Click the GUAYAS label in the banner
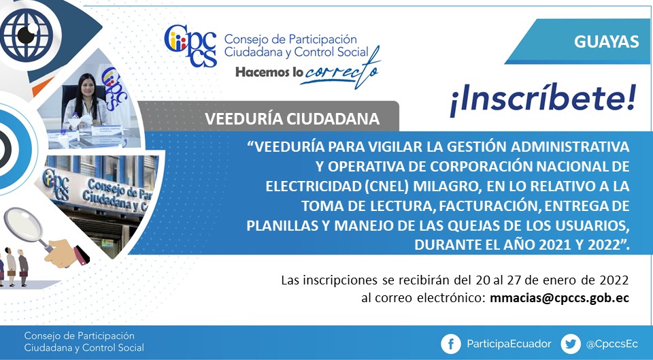point(606,42)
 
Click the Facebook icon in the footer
point(450,344)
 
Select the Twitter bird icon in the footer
point(571,344)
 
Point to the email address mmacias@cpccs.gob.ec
point(559,298)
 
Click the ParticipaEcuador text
point(509,344)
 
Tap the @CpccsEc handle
point(612,344)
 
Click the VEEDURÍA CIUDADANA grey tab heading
point(292,118)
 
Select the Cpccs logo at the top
point(190,46)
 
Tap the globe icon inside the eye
point(27,35)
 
